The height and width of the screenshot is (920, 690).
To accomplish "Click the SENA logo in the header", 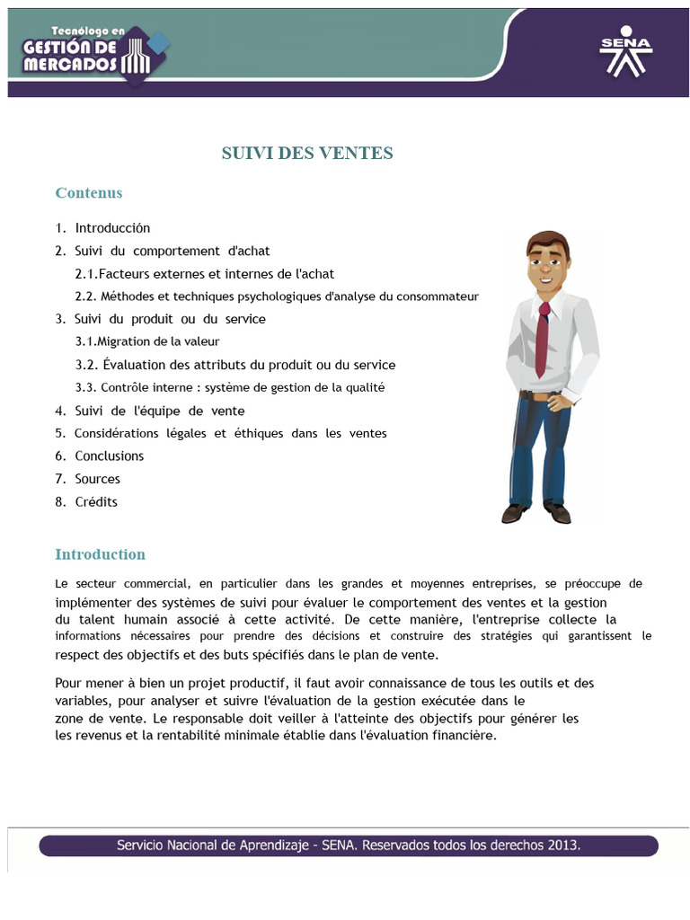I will tap(626, 54).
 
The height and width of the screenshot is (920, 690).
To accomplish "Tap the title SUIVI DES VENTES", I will tap(307, 154).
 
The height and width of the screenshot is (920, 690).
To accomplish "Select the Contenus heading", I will tap(89, 193).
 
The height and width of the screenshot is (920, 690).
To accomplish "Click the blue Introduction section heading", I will tap(100, 554).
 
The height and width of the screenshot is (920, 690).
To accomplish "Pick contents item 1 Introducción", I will tap(112, 228).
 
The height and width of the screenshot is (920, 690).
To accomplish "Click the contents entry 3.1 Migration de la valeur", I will tap(147, 341).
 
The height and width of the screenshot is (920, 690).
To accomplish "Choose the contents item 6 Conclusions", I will tap(109, 456).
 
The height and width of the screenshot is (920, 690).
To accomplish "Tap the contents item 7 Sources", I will tap(97, 479).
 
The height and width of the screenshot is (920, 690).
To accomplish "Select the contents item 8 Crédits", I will tap(96, 501).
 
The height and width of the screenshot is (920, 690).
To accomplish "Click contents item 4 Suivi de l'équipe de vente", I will tap(159, 411).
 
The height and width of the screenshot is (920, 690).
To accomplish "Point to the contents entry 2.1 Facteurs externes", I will tap(205, 273).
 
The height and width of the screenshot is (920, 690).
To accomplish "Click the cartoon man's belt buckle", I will tap(537, 395).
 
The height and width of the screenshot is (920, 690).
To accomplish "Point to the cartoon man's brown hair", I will tap(547, 242).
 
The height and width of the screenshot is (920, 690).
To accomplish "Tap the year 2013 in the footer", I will tap(562, 845).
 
